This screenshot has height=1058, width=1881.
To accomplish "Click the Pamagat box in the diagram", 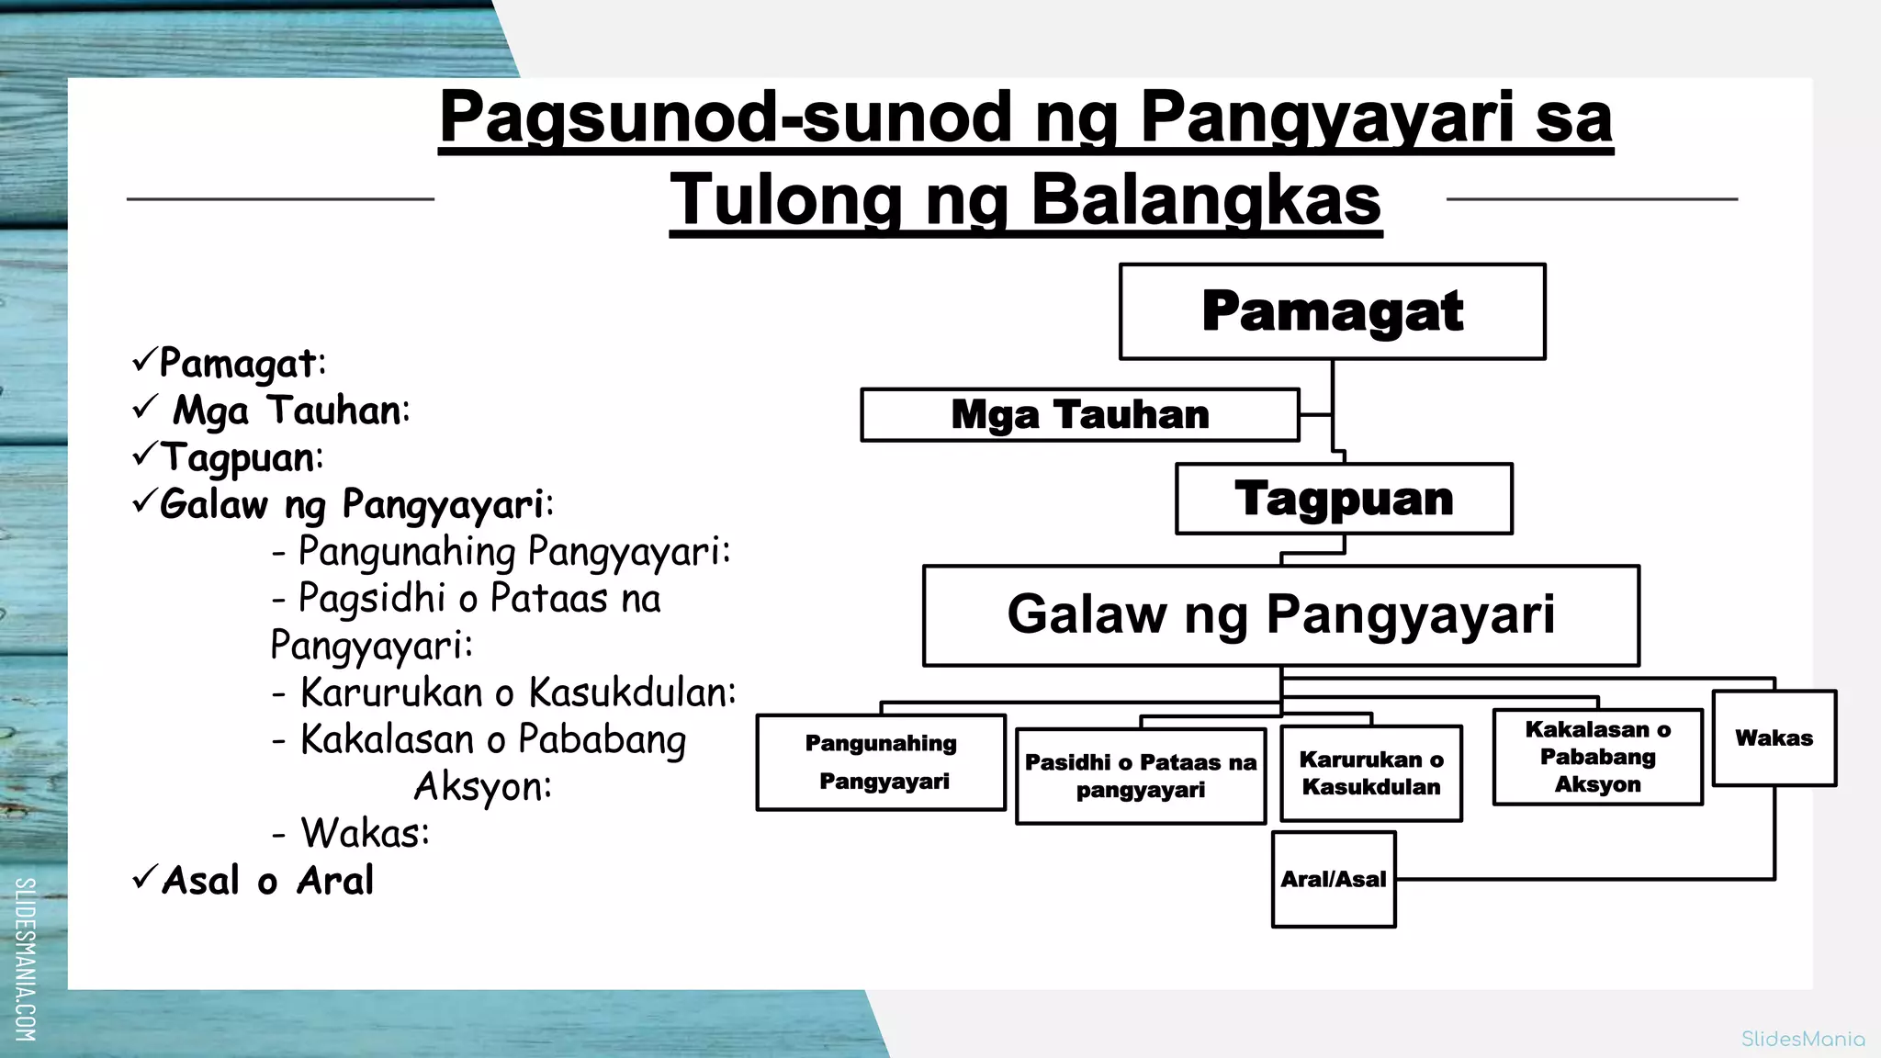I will click(1332, 311).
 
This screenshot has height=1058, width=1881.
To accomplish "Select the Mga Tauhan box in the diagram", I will click(1079, 415).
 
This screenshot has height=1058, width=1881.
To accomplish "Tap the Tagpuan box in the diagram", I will click(1344, 499).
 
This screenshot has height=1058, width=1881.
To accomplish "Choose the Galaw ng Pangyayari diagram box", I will click(1280, 614).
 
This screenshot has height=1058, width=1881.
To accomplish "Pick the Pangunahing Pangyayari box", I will click(881, 762).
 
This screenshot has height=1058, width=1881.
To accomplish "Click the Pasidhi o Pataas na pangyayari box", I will click(1141, 776).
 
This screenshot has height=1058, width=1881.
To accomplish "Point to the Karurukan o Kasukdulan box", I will click(1370, 773).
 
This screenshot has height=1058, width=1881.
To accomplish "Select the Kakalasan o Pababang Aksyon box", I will click(1597, 757).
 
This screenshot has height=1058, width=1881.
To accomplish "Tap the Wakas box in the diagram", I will click(1774, 738).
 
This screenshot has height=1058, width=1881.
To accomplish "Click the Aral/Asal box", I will click(1334, 880).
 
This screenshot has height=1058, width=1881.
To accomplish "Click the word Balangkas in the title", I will click(1206, 200).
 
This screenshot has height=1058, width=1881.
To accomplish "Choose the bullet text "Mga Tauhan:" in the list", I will click(291, 411).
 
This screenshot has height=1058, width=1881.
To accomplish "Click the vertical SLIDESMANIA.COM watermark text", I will click(26, 959).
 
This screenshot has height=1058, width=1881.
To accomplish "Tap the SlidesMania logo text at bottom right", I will click(1803, 1040).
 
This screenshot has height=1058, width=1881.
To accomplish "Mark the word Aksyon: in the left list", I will click(483, 787).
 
